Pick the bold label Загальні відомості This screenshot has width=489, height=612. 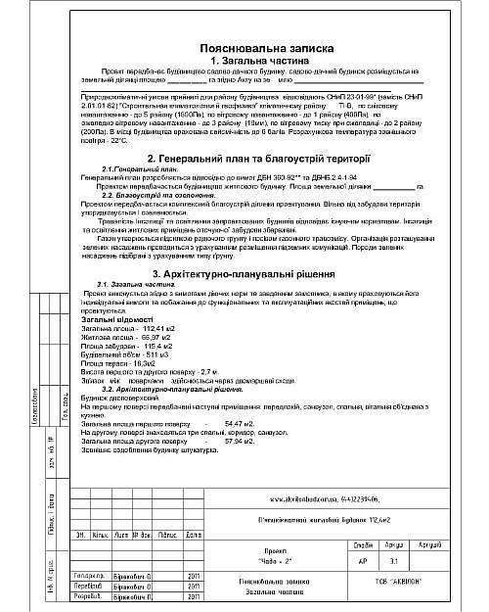click(x=116, y=319)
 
